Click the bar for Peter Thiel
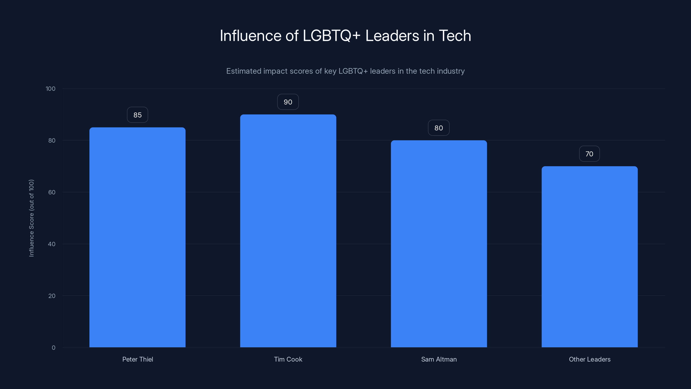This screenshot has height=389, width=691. pyautogui.click(x=137, y=237)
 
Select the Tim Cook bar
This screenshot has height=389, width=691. pyautogui.click(x=288, y=231)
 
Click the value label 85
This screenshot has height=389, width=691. pyautogui.click(x=137, y=115)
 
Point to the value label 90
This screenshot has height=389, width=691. pyautogui.click(x=288, y=102)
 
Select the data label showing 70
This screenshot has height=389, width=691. pyautogui.click(x=589, y=154)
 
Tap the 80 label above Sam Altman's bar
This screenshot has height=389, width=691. pyautogui.click(x=439, y=128)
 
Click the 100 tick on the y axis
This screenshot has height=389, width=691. pyautogui.click(x=51, y=89)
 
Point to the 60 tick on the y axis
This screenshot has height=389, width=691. pyautogui.click(x=52, y=192)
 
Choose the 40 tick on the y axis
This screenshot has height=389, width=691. pyautogui.click(x=52, y=244)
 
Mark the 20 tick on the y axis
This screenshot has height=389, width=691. pyautogui.click(x=52, y=296)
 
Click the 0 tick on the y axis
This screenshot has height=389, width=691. pyautogui.click(x=54, y=348)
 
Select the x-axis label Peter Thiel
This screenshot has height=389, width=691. pyautogui.click(x=138, y=359)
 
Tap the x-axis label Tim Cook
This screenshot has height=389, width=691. pyautogui.click(x=288, y=359)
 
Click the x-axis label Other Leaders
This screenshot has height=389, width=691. pyautogui.click(x=590, y=359)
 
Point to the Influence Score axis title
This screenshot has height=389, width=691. pyautogui.click(x=31, y=218)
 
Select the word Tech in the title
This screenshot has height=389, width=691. pyautogui.click(x=455, y=36)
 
